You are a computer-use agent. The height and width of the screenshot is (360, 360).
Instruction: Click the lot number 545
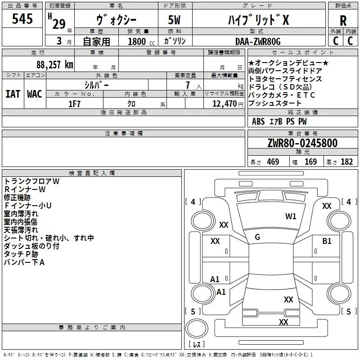pos(22,18)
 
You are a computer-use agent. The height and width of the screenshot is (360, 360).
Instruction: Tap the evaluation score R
pos(343,21)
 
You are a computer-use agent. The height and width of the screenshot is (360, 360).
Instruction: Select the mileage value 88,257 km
pos(55,65)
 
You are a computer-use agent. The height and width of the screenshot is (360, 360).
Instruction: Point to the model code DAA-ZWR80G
pos(258,41)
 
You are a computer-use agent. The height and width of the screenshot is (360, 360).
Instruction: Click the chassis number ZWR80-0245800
pos(302,143)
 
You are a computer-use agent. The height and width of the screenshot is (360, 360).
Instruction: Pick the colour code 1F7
pos(74,104)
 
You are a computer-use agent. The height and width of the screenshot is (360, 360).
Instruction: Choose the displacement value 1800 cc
pos(141,41)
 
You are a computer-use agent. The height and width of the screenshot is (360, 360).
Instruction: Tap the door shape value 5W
pos(174,20)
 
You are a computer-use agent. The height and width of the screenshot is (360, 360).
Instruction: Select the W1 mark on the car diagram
pos(291,216)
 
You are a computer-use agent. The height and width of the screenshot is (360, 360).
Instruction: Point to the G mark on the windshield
pos(257,237)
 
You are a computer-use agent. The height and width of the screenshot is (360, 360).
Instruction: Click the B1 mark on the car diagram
pos(327,241)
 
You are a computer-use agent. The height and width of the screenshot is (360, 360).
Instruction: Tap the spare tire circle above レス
pos(197,328)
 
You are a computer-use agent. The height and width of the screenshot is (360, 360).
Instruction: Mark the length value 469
pos(273,162)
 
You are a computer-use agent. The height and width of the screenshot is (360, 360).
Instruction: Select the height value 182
pos(346,162)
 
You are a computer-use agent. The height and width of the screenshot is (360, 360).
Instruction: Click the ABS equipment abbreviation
pos(258,121)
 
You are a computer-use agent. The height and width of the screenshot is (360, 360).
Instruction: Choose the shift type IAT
pos(13,94)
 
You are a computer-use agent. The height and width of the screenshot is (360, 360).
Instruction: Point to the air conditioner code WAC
pos(35,94)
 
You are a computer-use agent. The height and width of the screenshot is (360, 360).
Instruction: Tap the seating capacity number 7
pos(188,85)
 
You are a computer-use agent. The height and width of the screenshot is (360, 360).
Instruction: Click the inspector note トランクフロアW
pos(31,181)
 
